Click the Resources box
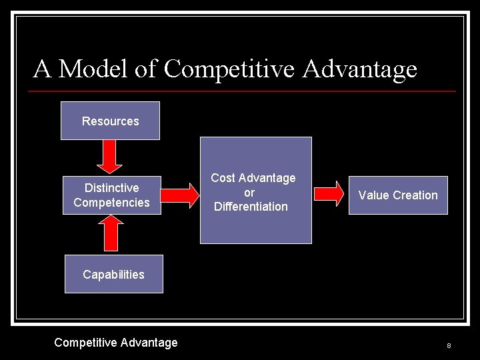click(x=110, y=121)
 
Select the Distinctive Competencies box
click(x=111, y=195)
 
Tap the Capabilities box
click(x=113, y=274)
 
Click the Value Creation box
click(x=398, y=195)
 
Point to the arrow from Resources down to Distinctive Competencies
click(x=110, y=157)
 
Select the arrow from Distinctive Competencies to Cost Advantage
click(x=180, y=195)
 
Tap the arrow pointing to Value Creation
click(x=330, y=194)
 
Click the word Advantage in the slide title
click(x=359, y=68)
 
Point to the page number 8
click(x=449, y=345)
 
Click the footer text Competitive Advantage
click(x=116, y=343)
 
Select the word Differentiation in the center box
click(x=251, y=207)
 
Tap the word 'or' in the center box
click(x=249, y=193)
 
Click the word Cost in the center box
click(x=223, y=178)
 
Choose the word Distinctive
click(x=111, y=188)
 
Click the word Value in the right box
click(x=374, y=195)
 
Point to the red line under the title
click(x=244, y=91)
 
